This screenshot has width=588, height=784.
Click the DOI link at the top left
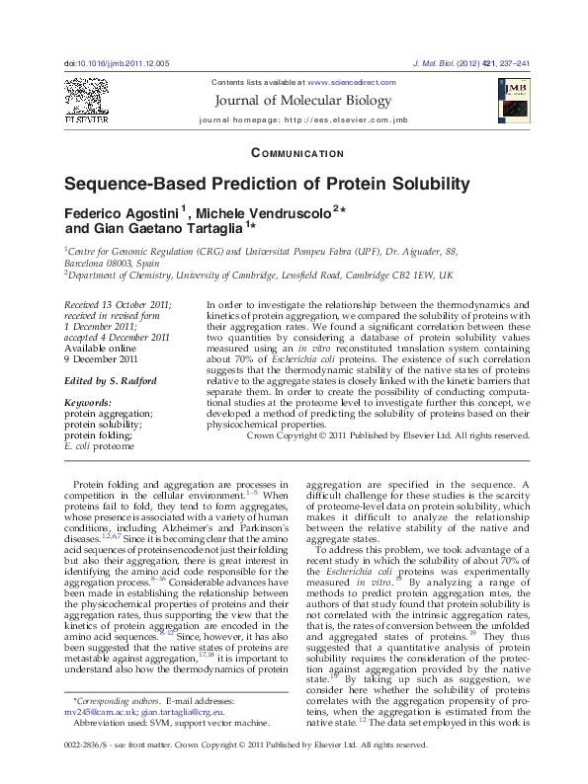click(117, 62)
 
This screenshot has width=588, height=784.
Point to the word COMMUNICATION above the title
click(298, 154)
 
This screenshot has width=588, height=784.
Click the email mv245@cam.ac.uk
click(98, 712)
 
